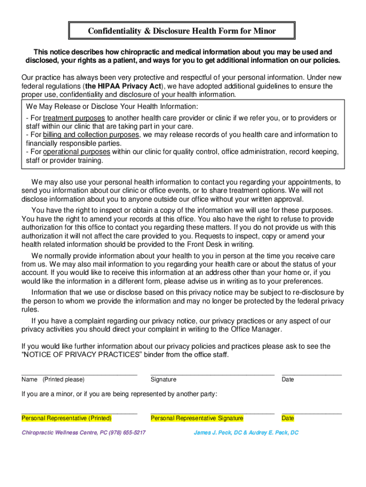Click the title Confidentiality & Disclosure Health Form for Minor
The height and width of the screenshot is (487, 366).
[x=182, y=31]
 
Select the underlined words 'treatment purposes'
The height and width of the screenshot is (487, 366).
[x=74, y=118]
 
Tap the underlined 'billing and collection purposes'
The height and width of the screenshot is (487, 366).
[x=91, y=135]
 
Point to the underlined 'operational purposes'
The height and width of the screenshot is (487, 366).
[x=77, y=152]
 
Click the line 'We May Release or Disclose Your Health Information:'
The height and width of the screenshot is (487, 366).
[x=112, y=107]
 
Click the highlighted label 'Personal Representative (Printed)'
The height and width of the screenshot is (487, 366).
[x=67, y=419]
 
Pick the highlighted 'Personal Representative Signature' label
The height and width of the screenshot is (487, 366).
[x=197, y=419]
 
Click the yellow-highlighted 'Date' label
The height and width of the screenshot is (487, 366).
[x=288, y=419]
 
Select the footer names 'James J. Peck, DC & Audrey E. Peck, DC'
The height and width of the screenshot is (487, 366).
[x=246, y=433]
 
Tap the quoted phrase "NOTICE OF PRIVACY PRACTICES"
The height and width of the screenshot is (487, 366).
[x=78, y=355]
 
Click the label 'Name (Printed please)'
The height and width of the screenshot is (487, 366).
[x=53, y=380]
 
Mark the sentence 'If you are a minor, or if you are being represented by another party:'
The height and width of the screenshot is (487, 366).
[x=119, y=394]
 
